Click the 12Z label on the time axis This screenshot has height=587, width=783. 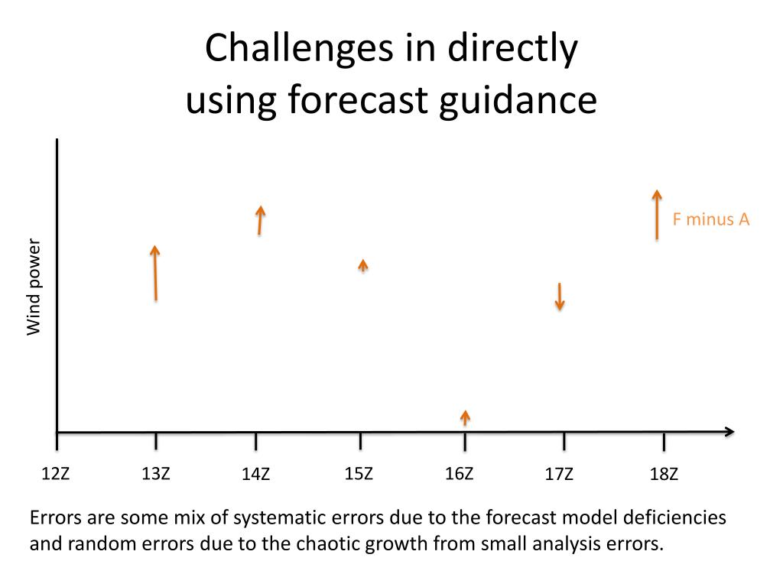tap(55, 474)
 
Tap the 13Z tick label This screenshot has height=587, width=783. tap(156, 474)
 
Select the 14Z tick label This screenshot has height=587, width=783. tap(255, 475)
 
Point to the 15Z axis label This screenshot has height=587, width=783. tap(359, 474)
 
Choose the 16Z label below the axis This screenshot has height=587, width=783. tap(459, 474)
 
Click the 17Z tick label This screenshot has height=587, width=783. tap(559, 475)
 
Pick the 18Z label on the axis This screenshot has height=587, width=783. tap(664, 475)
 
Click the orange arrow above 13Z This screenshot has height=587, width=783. tap(155, 273)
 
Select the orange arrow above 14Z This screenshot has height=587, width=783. tap(260, 220)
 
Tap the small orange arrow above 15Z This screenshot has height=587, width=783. tap(363, 265)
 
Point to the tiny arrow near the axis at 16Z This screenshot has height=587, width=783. tap(465, 417)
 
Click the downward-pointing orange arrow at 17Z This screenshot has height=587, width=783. tap(560, 297)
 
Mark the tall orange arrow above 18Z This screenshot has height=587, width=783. tap(656, 215)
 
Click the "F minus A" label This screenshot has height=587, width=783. tap(711, 220)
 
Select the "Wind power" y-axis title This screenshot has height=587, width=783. tap(33, 287)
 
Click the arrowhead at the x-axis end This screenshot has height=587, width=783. tap(729, 432)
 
